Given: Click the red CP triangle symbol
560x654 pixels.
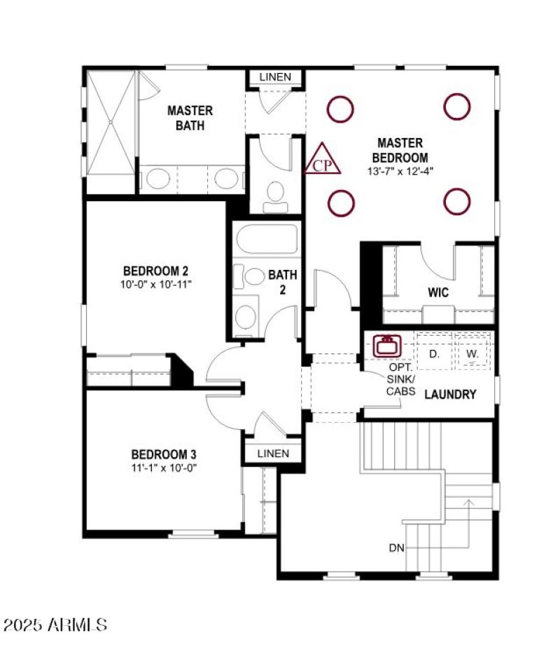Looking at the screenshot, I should tap(323, 159).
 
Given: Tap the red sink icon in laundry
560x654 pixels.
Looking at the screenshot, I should tap(386, 345).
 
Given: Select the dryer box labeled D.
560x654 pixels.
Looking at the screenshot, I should tap(435, 354).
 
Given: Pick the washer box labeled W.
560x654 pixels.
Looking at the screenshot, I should tap(473, 354).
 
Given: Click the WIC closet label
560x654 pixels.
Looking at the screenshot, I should tap(438, 292).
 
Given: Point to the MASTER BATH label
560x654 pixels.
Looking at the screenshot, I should tap(190, 118).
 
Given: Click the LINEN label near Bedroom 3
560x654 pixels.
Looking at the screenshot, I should tap(273, 454).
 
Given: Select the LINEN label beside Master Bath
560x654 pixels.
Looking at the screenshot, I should tap(275, 76).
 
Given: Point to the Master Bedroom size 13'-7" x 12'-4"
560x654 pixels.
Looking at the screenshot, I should tap(400, 170).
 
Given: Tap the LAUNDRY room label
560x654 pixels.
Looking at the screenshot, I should tap(450, 395).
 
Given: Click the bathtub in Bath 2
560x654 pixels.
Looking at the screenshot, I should tap(268, 241).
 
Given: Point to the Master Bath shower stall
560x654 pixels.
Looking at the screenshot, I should tap(110, 123).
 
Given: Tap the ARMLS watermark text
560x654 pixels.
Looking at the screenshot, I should tap(55, 624).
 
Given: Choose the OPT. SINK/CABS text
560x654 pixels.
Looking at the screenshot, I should tap(401, 379).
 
